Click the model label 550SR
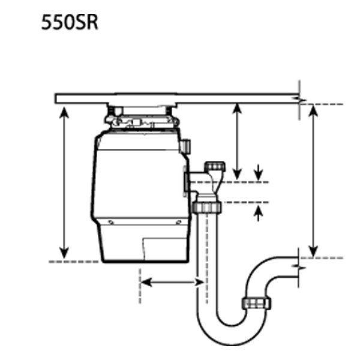pos(70,22)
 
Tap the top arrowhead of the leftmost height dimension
pos(64,113)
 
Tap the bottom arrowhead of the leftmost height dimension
pos(64,253)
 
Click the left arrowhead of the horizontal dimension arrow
pos(146,282)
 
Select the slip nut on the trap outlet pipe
pos(256,303)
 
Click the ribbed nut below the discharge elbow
pos(206,207)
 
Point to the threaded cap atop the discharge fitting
pos(215,166)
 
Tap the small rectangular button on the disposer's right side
pos(185,146)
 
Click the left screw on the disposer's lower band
pos(111,222)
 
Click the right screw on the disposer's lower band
pos(178,222)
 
